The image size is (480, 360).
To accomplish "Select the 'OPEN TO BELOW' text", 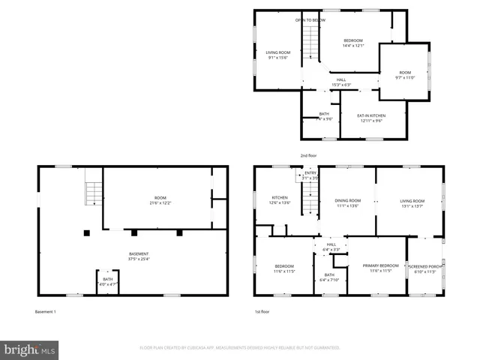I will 310,20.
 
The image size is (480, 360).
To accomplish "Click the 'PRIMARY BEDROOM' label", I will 381,265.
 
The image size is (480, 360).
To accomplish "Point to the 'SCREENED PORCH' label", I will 425,266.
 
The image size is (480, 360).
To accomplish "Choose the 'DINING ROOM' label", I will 347,200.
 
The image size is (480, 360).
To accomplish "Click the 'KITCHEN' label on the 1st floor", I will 280,198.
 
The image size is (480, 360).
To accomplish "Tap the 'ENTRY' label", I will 310,173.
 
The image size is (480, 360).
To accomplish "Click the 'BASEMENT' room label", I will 138,253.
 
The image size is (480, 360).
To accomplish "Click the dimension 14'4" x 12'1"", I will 353,46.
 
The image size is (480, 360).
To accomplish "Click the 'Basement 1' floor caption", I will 46,311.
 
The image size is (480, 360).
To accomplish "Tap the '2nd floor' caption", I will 309,155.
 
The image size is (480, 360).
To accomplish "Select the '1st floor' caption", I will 261,311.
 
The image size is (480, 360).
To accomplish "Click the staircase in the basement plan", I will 92,193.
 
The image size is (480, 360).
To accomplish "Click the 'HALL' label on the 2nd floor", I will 341,79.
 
